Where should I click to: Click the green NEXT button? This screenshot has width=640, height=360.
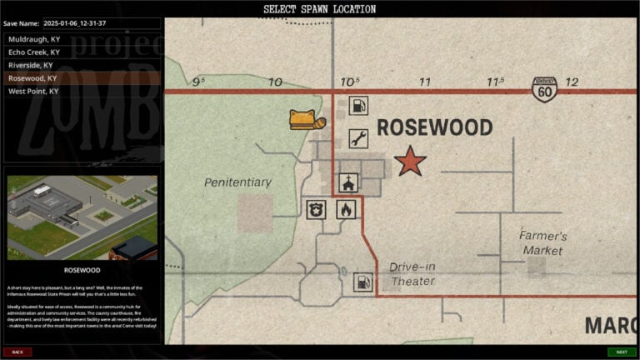[x=621, y=352]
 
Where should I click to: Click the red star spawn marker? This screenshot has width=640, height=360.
[x=410, y=161]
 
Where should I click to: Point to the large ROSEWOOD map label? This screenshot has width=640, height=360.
[x=434, y=127]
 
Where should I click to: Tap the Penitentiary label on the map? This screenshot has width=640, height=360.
[x=237, y=182]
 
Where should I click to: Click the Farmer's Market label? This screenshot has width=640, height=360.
[x=543, y=242]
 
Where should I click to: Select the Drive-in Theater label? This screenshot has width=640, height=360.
[x=412, y=274]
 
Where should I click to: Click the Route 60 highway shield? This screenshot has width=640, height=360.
[x=544, y=89]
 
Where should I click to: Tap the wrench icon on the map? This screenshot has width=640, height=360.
[x=358, y=138]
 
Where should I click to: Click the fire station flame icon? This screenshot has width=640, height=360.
[x=346, y=208]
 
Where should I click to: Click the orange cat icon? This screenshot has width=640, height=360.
[x=306, y=120]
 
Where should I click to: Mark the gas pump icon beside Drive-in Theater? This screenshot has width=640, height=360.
[x=362, y=282]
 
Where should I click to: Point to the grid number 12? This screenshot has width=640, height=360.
[x=572, y=82]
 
